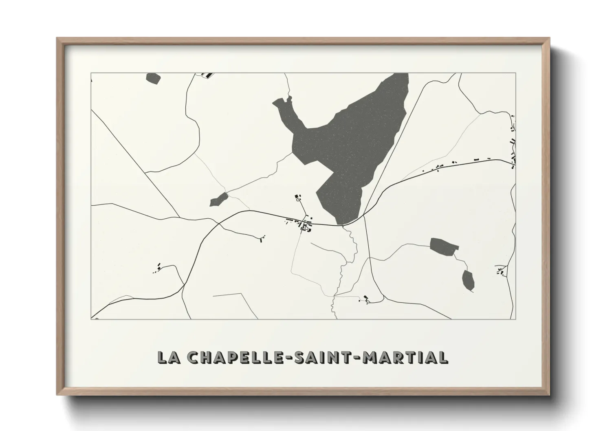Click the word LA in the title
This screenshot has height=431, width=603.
pyautogui.click(x=169, y=357)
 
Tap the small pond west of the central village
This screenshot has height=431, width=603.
pyautogui.click(x=219, y=200)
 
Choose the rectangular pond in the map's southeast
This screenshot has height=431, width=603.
pyautogui.click(x=444, y=246)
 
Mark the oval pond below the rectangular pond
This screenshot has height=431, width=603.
pyautogui.click(x=468, y=280)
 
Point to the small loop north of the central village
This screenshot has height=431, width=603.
pyautogui.click(x=298, y=199)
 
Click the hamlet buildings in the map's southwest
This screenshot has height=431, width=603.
pyautogui.click(x=158, y=268)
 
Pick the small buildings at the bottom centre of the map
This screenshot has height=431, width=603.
pyautogui.click(x=365, y=299)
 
